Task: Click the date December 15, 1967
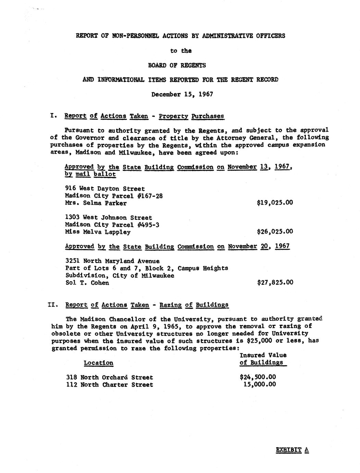[182, 94]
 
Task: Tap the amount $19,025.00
[275, 203]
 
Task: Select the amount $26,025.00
[275, 232]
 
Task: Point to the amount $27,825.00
[275, 282]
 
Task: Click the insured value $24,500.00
[258, 377]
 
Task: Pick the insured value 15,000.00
[259, 384]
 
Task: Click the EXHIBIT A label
[292, 450]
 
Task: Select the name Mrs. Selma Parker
[96, 203]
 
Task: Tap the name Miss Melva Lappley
[98, 232]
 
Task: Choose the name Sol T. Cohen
[87, 283]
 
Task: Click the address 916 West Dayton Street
[105, 189]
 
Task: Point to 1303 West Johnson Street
[108, 217]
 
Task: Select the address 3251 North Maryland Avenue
[112, 261]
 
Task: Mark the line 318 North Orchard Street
[109, 377]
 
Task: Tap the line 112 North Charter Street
[109, 385]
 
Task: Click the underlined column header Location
[98, 363]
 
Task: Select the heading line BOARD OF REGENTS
[182, 65]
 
